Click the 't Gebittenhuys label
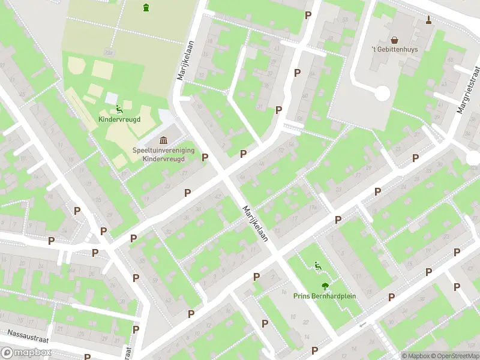pyautogui.click(x=394, y=49)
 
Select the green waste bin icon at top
pyautogui.click(x=146, y=8)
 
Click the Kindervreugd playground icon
pyautogui.click(x=119, y=109)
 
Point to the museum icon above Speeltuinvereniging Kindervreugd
pyautogui.click(x=163, y=140)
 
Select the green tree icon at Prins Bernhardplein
pyautogui.click(x=325, y=286)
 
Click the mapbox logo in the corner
pyautogui.click(x=25, y=353)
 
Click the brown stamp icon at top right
pyautogui.click(x=428, y=20)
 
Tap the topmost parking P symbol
pyautogui.click(x=308, y=15)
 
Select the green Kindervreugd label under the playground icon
pyautogui.click(x=119, y=119)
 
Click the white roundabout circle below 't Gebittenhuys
pyautogui.click(x=381, y=94)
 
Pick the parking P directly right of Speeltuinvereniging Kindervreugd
pyautogui.click(x=205, y=157)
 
